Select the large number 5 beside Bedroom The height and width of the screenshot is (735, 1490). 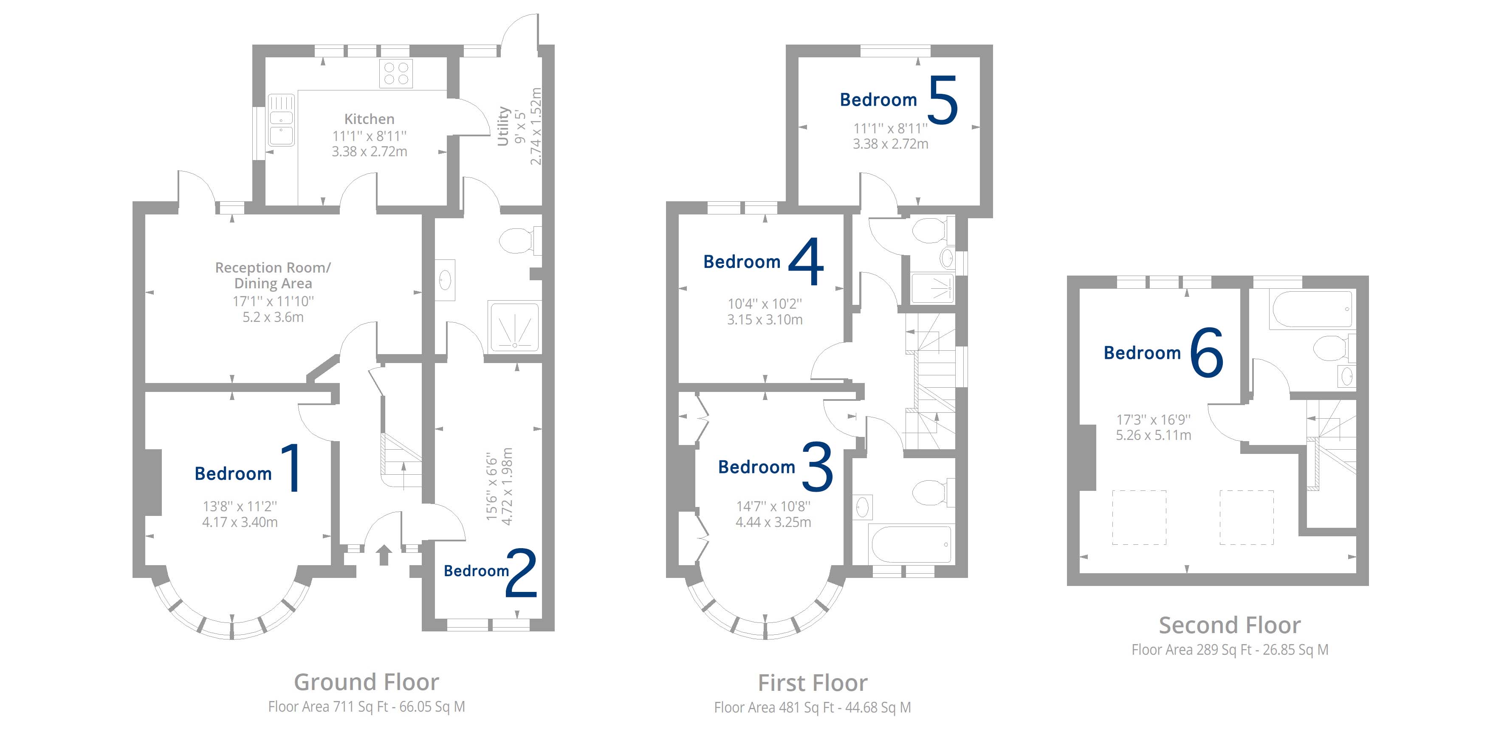[943, 100]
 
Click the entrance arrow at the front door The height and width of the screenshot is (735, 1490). [384, 555]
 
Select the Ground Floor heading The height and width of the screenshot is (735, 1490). [366, 682]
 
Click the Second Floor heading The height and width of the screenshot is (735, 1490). [1230, 625]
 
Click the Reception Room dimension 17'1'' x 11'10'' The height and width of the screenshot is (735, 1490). [273, 301]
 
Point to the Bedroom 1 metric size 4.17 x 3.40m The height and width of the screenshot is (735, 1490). [240, 522]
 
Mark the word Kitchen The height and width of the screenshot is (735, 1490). [369, 119]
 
